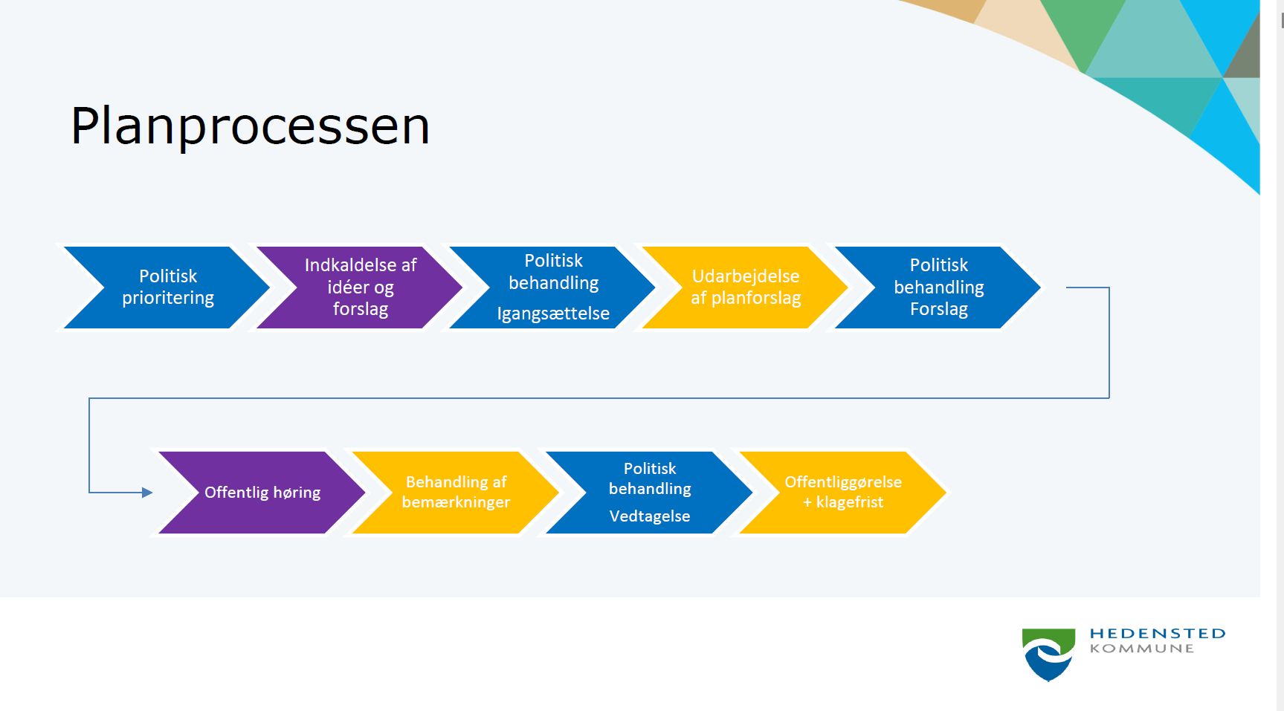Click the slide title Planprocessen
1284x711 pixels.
pyautogui.click(x=250, y=127)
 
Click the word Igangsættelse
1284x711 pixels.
pyautogui.click(x=553, y=314)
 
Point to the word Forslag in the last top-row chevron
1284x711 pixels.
pyautogui.click(x=939, y=309)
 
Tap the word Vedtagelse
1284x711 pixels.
pyautogui.click(x=650, y=516)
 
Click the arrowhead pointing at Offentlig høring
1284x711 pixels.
pyautogui.click(x=146, y=493)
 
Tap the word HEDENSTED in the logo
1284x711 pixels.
pyautogui.click(x=1158, y=634)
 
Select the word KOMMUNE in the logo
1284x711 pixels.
pyautogui.click(x=1142, y=649)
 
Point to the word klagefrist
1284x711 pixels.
pyautogui.click(x=850, y=502)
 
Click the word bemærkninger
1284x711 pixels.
pyautogui.click(x=456, y=502)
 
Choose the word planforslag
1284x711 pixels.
pyautogui.click(x=756, y=299)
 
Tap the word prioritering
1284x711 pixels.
pyautogui.click(x=168, y=298)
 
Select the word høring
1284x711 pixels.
pyautogui.click(x=297, y=493)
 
